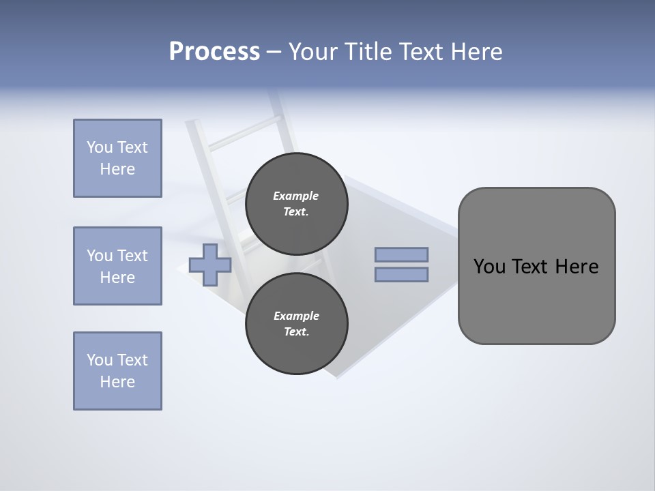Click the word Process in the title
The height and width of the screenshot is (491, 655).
point(214,51)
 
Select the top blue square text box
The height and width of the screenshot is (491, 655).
point(117,158)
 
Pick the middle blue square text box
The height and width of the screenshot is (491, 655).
point(117,266)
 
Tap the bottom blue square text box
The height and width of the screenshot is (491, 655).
point(117,371)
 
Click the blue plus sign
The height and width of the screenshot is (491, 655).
point(210,265)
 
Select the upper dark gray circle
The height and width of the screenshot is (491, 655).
point(296,204)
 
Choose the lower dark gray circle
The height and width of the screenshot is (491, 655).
point(296,324)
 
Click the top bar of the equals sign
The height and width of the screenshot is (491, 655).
point(401,254)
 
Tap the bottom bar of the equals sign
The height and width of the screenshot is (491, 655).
point(401,275)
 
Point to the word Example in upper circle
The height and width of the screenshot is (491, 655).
point(296,196)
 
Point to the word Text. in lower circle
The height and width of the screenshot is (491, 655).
point(296,332)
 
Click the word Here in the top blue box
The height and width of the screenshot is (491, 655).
point(117,169)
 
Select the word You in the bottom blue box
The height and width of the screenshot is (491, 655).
point(99,360)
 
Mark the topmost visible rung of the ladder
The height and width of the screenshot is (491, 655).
point(244,132)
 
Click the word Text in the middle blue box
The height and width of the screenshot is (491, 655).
point(132,256)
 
